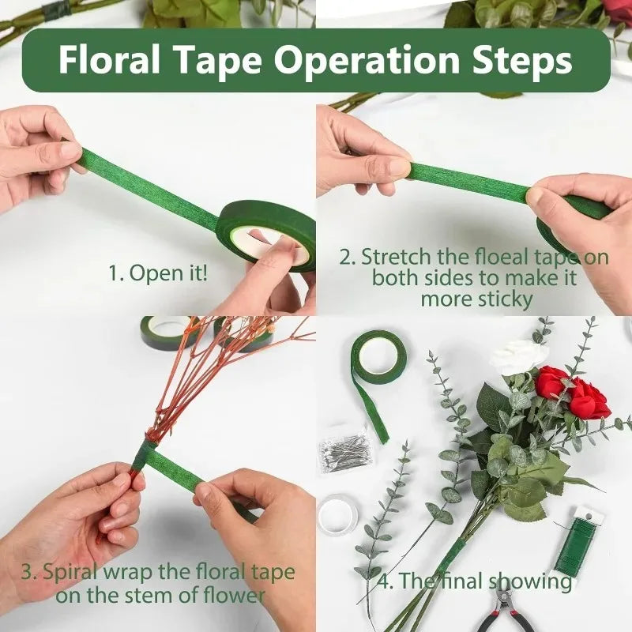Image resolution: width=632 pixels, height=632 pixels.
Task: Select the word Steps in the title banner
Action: (x=517, y=60)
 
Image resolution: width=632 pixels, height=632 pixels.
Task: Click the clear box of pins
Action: (x=344, y=452)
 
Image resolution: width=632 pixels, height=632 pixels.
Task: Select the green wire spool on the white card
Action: (x=575, y=545)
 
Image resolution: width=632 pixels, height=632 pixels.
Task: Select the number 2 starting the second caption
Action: (x=345, y=258)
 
